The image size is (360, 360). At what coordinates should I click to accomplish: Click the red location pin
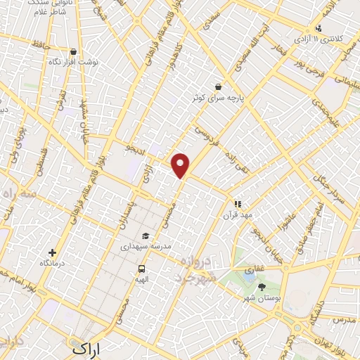pyautogui.click(x=181, y=165)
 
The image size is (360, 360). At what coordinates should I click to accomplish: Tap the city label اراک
pyautogui.click(x=87, y=348)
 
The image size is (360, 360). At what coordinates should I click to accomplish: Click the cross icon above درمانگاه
pyautogui.click(x=51, y=252)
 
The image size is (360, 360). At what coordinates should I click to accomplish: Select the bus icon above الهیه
pyautogui.click(x=142, y=269)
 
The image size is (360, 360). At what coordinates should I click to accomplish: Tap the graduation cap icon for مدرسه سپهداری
pyautogui.click(x=146, y=236)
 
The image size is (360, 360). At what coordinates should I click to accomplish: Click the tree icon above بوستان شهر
pyautogui.click(x=262, y=286)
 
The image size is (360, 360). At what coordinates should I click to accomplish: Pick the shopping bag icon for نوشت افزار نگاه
pyautogui.click(x=74, y=51)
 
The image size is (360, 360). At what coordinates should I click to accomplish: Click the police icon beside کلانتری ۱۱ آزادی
pyautogui.click(x=319, y=28)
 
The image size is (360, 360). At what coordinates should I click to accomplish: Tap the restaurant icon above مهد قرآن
pyautogui.click(x=238, y=203)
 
